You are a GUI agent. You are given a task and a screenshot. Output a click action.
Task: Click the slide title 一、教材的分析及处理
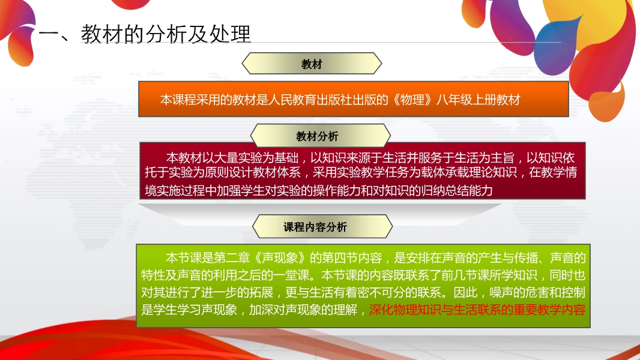pyautogui.click(x=145, y=34)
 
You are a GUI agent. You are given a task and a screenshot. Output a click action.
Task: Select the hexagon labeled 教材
pyautogui.click(x=312, y=64)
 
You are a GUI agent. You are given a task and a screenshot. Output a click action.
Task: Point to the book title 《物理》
pyautogui.click(x=412, y=100)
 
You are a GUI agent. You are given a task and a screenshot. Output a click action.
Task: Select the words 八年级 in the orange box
pyautogui.click(x=454, y=100)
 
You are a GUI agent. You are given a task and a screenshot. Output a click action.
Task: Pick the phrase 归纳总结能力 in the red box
pyautogui.click(x=456, y=190)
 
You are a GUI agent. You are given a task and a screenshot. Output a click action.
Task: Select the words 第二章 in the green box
pyautogui.click(x=231, y=257)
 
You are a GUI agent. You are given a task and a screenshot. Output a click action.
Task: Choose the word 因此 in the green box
pyautogui.click(x=466, y=292)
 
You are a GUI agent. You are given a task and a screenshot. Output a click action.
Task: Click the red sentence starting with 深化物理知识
pyautogui.click(x=477, y=310)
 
